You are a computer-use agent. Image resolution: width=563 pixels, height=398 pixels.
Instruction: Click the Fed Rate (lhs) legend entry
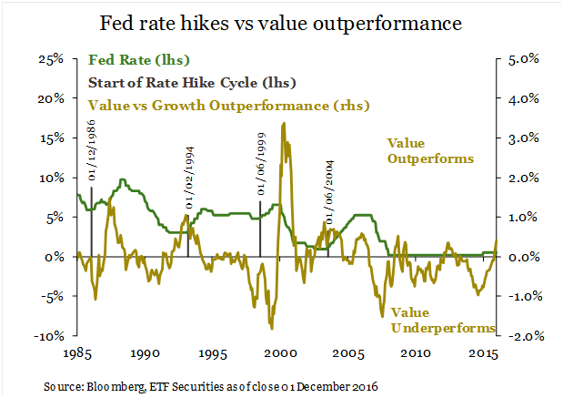pyautogui.click(x=139, y=61)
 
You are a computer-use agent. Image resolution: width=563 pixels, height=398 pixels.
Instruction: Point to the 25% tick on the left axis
pyautogui.click(x=51, y=59)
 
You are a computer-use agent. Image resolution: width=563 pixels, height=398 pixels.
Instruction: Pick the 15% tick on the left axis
pyautogui.click(x=51, y=138)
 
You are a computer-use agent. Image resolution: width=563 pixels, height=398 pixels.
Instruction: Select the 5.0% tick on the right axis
pyautogui.click(x=523, y=59)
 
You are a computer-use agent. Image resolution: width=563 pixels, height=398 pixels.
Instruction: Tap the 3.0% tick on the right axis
pyautogui.click(x=523, y=138)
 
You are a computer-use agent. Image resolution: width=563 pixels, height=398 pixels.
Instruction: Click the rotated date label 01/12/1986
pyautogui.click(x=95, y=161)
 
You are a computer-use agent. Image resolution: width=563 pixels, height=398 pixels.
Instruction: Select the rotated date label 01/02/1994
pyautogui.click(x=190, y=179)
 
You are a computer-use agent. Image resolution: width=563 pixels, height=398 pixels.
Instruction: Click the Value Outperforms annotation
pyautogui.click(x=430, y=150)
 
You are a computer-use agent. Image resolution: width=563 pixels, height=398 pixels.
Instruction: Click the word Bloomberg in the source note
pyautogui.click(x=123, y=384)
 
